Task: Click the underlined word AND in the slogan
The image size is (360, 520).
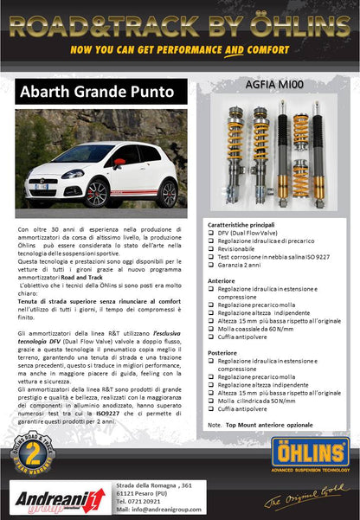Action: (233, 49)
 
